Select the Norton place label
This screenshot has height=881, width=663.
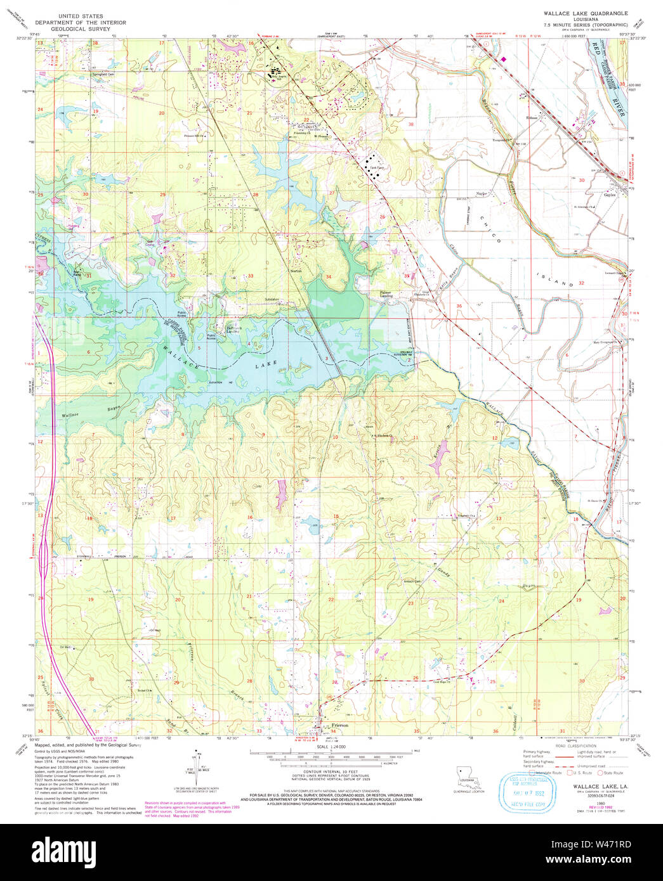coord(296,271)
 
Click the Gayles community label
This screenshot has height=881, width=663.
coord(610,195)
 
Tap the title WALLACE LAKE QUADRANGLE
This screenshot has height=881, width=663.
coord(585,13)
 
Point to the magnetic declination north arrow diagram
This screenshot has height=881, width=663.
coord(199,763)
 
